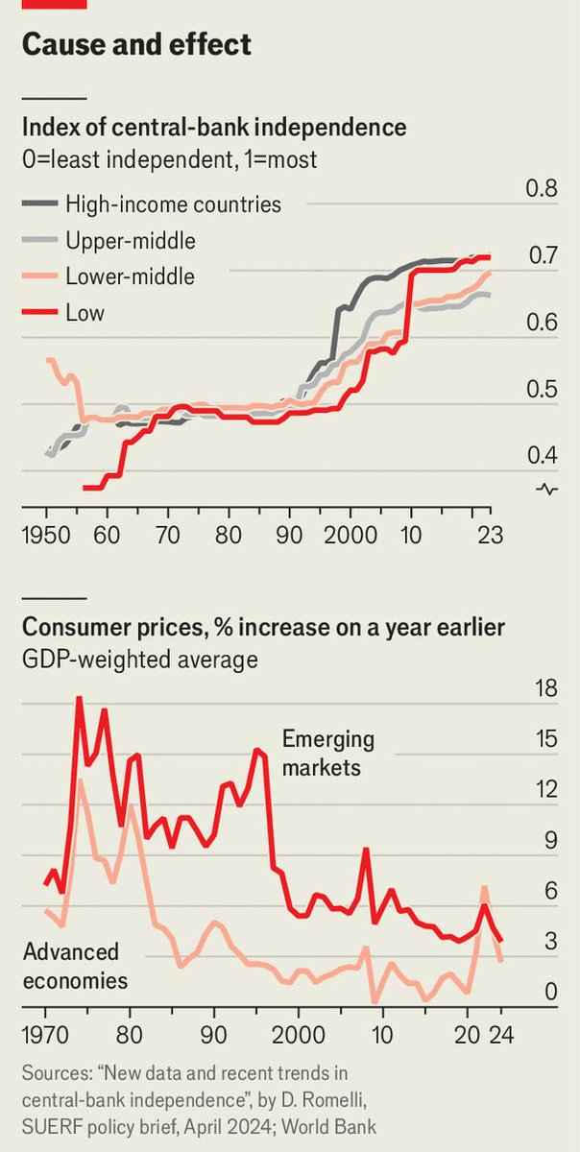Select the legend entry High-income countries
[173, 204]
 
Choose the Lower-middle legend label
[130, 277]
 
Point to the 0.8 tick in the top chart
[542, 189]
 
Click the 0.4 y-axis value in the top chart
[542, 455]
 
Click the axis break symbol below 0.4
[547, 490]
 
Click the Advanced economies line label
[75, 966]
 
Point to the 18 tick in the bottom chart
[544, 688]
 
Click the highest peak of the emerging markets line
[79, 698]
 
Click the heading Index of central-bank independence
[213, 128]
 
